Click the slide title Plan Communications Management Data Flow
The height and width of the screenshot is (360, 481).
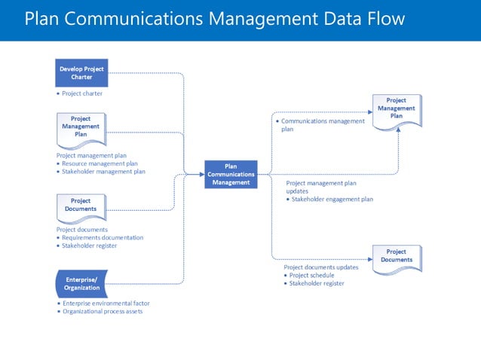tap(214, 19)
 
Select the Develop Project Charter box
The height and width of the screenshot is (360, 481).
tap(81, 73)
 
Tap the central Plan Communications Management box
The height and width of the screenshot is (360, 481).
tap(231, 174)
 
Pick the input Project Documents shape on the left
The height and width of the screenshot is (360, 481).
tap(81, 205)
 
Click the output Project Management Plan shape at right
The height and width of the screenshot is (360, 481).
tap(396, 109)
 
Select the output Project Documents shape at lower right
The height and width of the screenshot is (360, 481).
tap(397, 256)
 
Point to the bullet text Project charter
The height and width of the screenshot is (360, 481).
tap(82, 93)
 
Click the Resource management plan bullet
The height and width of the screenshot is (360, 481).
tap(100, 163)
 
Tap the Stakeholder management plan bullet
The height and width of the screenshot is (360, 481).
tap(103, 172)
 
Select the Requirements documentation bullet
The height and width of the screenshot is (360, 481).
tap(103, 237)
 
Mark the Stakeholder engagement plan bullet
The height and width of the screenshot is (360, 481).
tap(332, 200)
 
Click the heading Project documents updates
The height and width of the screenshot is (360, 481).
tap(320, 267)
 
